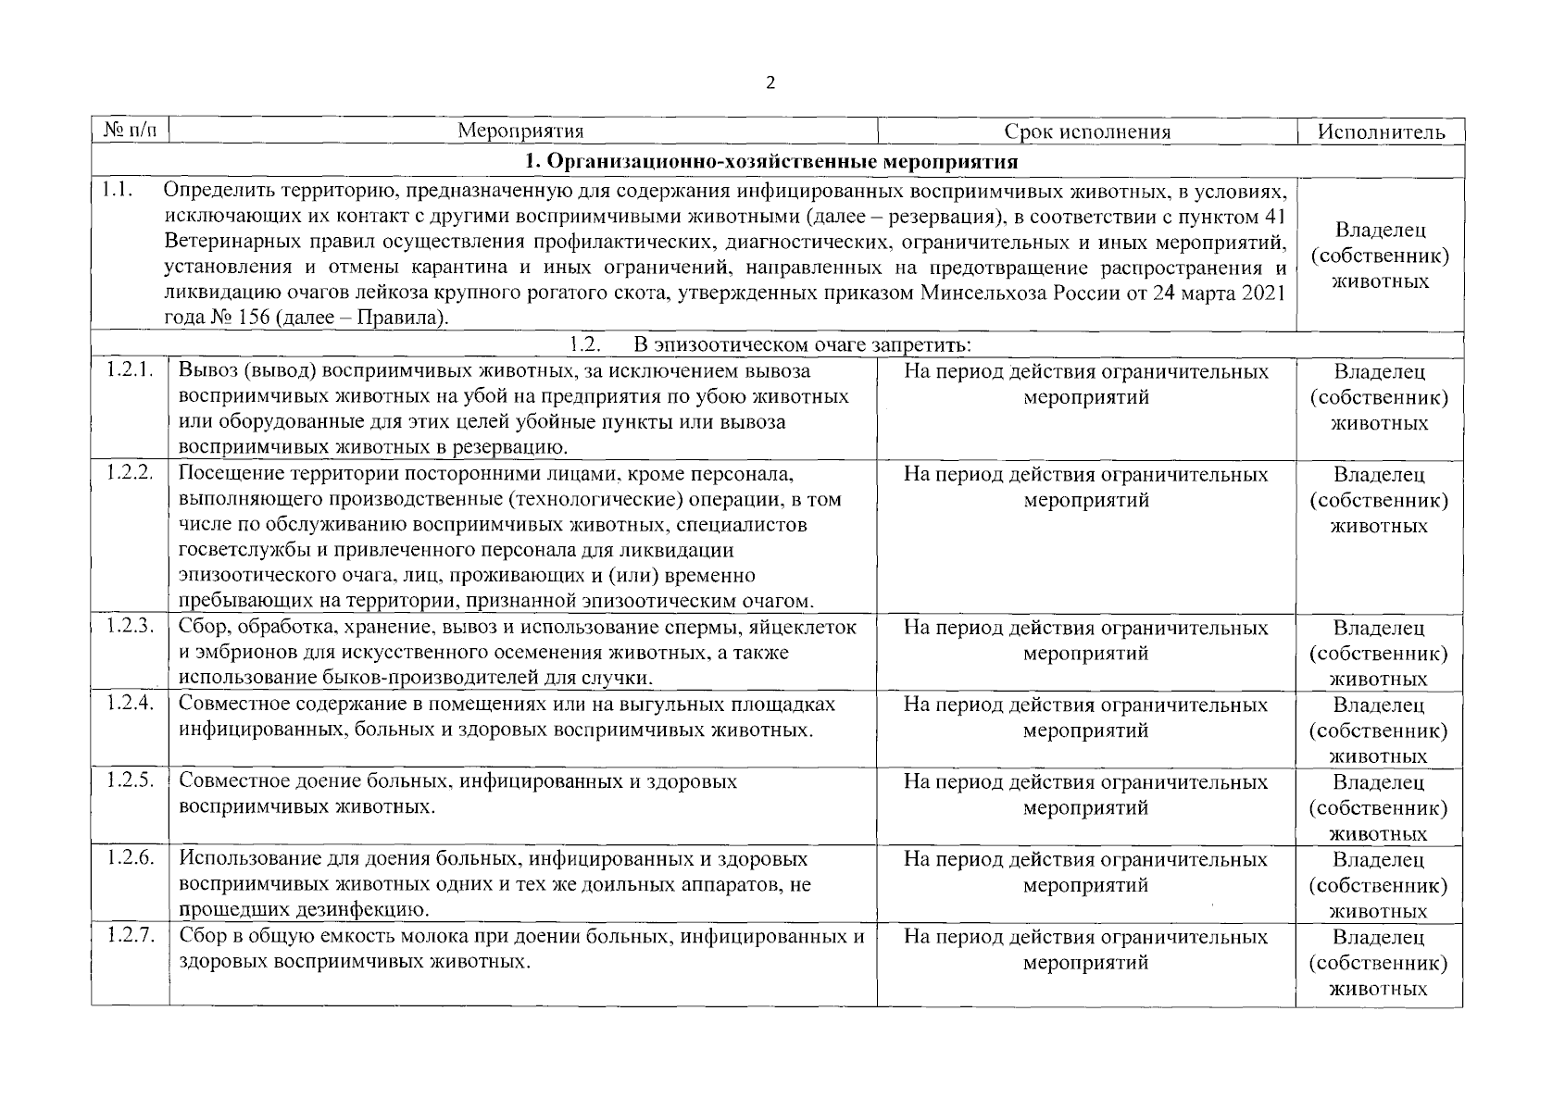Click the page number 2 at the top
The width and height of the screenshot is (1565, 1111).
tap(771, 83)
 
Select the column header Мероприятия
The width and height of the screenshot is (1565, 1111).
tap(520, 131)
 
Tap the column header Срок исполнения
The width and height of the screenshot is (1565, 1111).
tap(1087, 131)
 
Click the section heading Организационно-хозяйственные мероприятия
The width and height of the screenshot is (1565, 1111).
tap(771, 162)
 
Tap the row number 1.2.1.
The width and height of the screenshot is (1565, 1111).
tap(129, 370)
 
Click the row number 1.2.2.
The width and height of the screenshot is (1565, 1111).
tap(129, 473)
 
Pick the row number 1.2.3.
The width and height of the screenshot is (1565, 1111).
tap(129, 627)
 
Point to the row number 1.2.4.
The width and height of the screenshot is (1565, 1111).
tap(129, 704)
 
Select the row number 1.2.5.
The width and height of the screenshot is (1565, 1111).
tap(129, 780)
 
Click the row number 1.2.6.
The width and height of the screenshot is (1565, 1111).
tap(129, 858)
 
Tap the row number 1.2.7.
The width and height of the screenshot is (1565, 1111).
tap(129, 935)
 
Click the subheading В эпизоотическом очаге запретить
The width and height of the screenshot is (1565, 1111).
tap(802, 345)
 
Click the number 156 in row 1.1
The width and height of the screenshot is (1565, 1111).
tap(250, 319)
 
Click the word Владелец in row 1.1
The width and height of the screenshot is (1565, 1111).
tap(1380, 230)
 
